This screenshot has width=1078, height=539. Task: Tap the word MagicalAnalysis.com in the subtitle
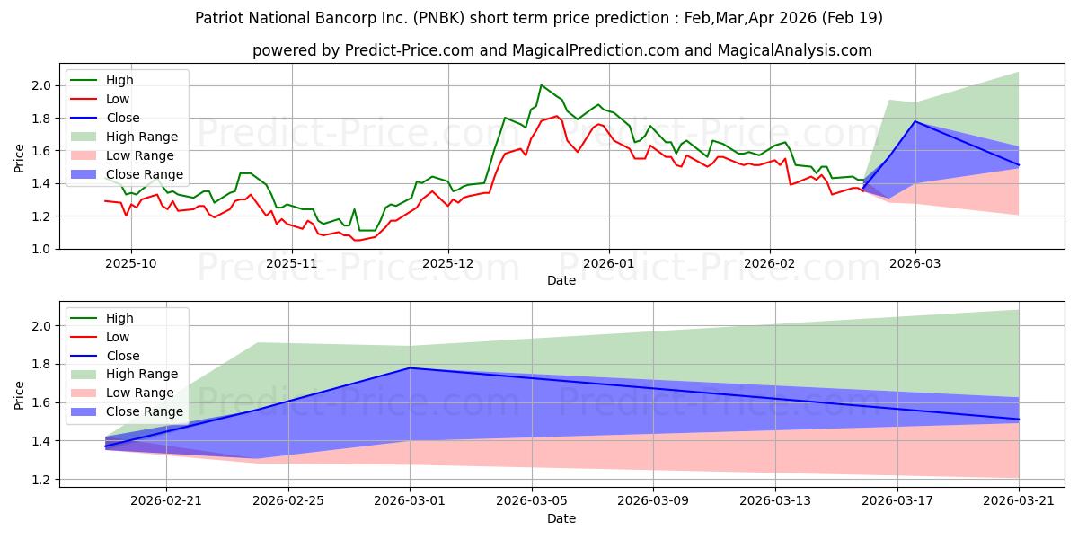(x=794, y=50)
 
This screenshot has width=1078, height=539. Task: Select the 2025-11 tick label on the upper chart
(x=292, y=264)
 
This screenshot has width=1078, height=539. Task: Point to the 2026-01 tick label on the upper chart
(x=609, y=264)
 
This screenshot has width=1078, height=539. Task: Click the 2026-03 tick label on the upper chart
(x=915, y=264)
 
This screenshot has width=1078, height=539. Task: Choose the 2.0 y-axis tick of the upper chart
(x=41, y=85)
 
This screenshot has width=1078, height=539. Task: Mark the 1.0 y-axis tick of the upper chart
(x=41, y=249)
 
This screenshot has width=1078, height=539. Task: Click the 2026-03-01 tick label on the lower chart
(x=410, y=501)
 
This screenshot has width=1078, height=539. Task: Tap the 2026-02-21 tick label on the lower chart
(x=166, y=501)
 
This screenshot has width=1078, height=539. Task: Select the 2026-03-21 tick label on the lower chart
(x=1019, y=501)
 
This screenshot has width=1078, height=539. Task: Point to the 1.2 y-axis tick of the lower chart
(x=41, y=480)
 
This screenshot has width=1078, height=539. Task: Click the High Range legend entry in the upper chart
(x=124, y=137)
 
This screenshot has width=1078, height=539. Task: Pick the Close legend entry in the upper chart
(x=105, y=118)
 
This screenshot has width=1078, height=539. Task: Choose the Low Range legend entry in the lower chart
(x=122, y=393)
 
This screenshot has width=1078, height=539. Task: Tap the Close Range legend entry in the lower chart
(x=127, y=412)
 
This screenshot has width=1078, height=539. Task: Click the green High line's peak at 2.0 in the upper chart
(x=541, y=85)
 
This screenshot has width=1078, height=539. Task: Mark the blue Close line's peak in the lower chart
(x=410, y=367)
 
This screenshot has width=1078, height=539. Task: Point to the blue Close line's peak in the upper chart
(x=915, y=121)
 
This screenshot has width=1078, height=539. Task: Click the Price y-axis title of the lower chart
(x=19, y=395)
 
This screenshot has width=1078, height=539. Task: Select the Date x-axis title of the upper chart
(x=561, y=280)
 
